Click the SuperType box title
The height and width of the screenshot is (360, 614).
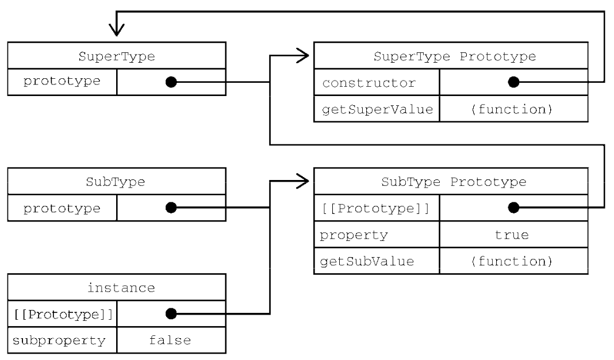(x=117, y=57)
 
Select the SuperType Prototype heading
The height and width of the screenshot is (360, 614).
(x=455, y=57)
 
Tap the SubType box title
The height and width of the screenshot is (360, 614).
(x=116, y=182)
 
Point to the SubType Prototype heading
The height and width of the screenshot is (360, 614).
(x=454, y=182)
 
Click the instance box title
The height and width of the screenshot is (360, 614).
(x=121, y=288)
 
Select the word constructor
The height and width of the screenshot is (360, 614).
(x=369, y=83)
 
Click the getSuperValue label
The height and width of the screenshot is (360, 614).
(x=378, y=109)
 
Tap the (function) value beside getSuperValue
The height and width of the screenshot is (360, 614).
(x=512, y=109)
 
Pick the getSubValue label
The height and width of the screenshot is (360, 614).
(x=367, y=261)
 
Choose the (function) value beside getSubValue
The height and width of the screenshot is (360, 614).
(x=512, y=261)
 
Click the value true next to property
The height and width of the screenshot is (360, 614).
(x=512, y=235)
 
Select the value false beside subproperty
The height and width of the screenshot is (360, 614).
(x=170, y=340)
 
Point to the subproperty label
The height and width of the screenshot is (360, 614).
(x=59, y=341)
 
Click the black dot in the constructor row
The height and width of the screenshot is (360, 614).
(x=513, y=82)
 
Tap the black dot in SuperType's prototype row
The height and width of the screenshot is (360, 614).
(x=171, y=82)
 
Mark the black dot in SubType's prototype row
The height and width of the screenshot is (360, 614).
(x=171, y=208)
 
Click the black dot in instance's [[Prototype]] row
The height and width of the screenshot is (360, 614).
(x=171, y=314)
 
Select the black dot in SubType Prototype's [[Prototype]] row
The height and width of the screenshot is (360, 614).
(x=513, y=208)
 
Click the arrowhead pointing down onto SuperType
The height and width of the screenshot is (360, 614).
(x=117, y=30)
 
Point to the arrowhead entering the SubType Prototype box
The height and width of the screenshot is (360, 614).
(x=302, y=181)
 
